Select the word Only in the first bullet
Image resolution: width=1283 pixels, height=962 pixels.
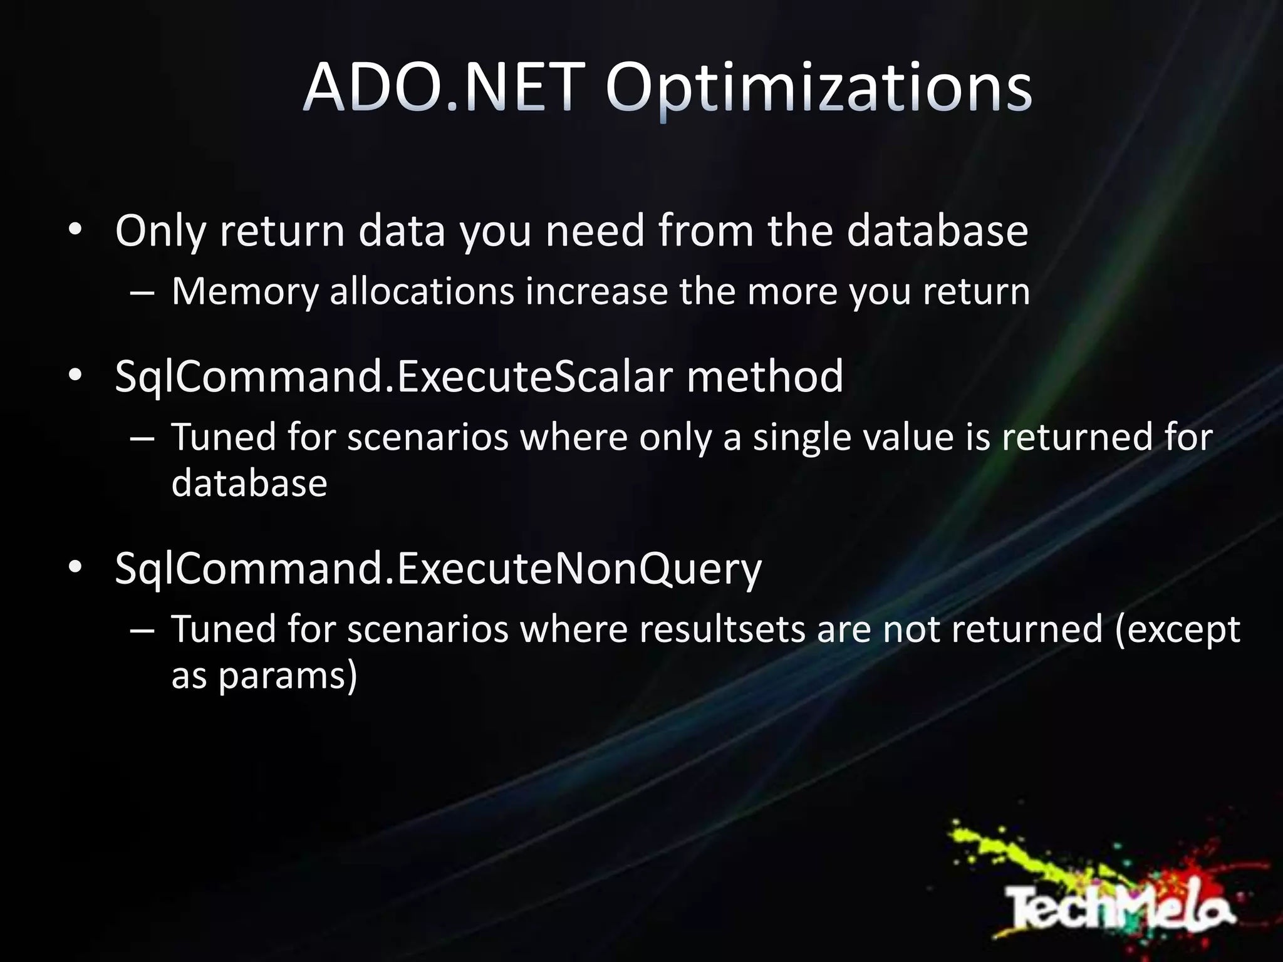tap(160, 231)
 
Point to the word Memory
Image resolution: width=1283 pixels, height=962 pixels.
tap(245, 292)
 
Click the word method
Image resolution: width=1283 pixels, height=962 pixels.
tap(765, 376)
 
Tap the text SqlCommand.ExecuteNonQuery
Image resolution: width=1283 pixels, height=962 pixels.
tap(438, 569)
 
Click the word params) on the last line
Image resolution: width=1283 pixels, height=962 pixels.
tap(288, 676)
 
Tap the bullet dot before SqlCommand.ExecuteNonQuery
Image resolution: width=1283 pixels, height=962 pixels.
tap(75, 568)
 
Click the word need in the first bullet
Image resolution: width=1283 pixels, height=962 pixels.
tap(595, 231)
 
